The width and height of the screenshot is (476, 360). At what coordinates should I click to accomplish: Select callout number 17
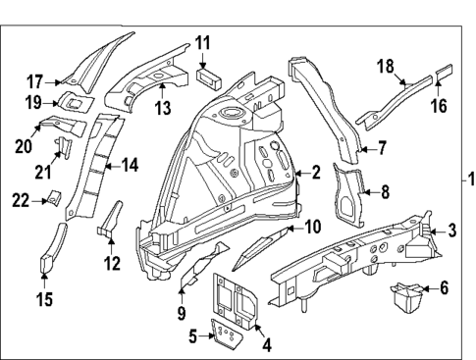34,81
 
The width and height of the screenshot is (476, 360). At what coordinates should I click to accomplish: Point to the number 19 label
34,102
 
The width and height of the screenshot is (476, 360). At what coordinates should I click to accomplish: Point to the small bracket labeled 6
405,294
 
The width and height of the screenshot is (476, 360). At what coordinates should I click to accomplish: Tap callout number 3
450,231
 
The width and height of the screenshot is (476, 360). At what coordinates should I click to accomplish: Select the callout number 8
385,192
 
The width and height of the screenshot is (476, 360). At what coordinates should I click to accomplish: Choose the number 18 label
386,66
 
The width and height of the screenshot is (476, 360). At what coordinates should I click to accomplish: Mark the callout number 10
313,227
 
